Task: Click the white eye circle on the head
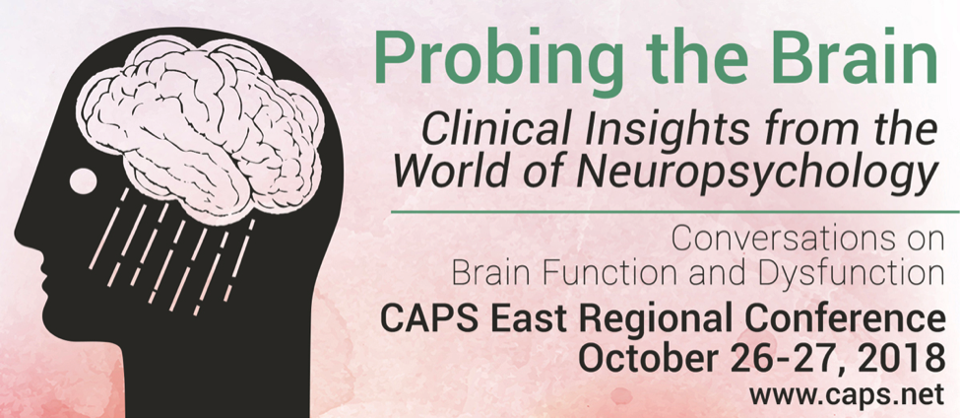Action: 84,181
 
